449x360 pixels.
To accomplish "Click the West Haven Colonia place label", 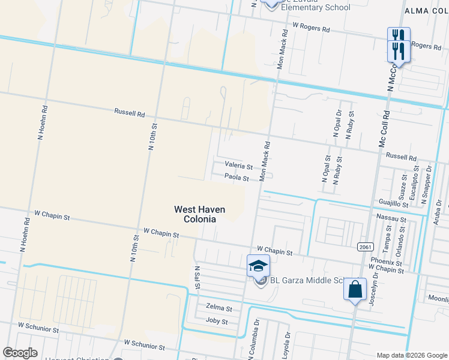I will (199, 214).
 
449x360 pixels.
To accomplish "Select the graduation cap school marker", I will (259, 265).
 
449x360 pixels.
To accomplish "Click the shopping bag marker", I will (355, 289).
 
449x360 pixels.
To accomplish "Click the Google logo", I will (20, 353).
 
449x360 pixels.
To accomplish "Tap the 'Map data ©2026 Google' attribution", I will (412, 355).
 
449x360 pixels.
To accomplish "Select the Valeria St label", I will (237, 164).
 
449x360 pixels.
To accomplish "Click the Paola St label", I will (237, 178).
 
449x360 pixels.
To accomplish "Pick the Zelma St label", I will (218, 308).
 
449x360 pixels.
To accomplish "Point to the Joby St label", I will (217, 322).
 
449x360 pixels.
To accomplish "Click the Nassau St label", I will (391, 219).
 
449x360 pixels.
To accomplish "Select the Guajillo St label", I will (394, 204).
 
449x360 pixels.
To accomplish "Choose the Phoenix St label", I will (386, 262).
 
